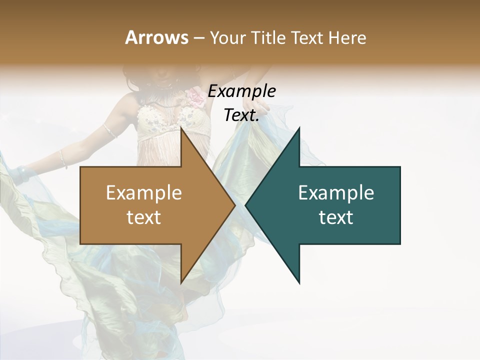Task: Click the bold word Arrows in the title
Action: [157, 37]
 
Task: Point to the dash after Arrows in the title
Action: [198, 38]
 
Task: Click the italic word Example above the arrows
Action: [242, 91]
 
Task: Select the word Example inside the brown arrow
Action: [144, 192]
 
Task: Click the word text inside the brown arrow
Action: [144, 217]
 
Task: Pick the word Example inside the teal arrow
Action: [336, 192]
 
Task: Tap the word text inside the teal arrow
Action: [336, 217]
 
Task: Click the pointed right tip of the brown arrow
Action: [234, 205]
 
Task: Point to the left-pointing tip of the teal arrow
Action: [246, 205]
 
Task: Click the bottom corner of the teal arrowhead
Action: [299, 283]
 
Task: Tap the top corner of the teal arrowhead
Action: [299, 128]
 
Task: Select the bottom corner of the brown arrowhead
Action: [181, 283]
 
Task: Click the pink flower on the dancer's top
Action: [195, 97]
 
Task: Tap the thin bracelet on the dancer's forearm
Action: [63, 158]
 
